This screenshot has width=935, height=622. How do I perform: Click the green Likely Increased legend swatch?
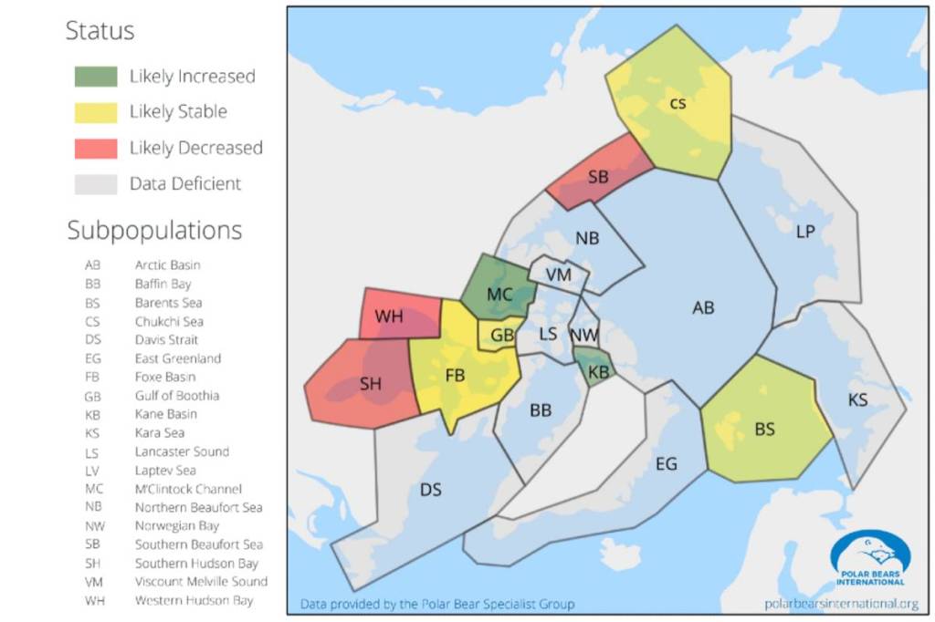pos(96,77)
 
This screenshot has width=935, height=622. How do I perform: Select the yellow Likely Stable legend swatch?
pos(96,112)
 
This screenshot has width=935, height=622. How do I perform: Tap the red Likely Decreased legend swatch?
pos(96,148)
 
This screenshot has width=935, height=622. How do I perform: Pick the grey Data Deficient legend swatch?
pos(96,183)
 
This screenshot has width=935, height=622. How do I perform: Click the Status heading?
pos(100,31)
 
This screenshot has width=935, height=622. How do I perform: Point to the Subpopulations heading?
pos(154,231)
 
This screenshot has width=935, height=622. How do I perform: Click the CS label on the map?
pos(678,103)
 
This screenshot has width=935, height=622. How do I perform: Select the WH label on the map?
pos(389,317)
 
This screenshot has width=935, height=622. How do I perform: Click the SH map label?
pos(371,385)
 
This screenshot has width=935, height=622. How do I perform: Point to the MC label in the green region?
pos(499,295)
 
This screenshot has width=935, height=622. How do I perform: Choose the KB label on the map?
pos(599,372)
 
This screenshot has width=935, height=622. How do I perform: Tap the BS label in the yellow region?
pos(765,429)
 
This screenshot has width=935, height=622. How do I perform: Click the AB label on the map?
pos(703,308)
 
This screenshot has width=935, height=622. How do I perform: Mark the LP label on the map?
pos(805,233)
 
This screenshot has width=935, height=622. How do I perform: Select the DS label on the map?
pos(431,491)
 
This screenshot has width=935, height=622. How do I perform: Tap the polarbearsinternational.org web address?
pos(841,603)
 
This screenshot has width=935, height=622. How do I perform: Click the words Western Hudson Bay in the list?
pos(194,601)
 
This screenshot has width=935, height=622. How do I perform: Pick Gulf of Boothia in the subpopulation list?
pos(177,396)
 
